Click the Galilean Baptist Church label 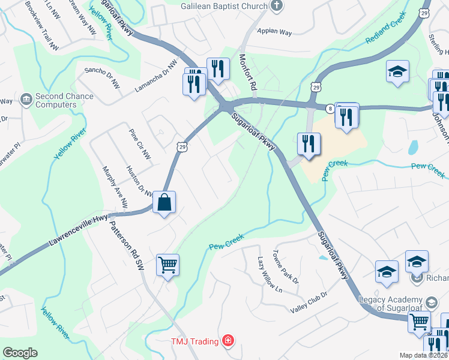(224, 5)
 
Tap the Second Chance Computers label (56, 100)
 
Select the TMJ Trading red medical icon (228, 341)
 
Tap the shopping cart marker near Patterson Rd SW (167, 264)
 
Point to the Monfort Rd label (247, 71)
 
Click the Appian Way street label (274, 31)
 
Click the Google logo (20, 353)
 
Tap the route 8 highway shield (330, 108)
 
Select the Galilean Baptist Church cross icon (277, 6)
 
